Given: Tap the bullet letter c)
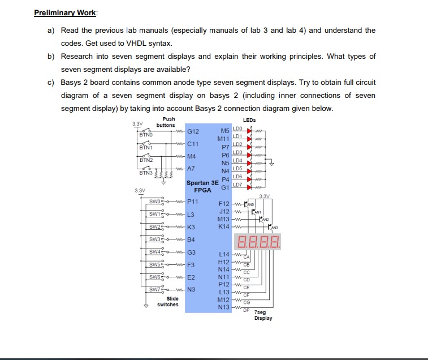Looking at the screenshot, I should (51, 82).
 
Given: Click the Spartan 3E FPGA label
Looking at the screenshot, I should (202, 186).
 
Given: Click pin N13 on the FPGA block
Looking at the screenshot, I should (224, 307).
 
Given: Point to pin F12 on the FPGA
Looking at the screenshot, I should (224, 203).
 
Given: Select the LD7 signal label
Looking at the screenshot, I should (237, 186).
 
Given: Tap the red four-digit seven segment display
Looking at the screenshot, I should (259, 244).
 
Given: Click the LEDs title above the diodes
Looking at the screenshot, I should (249, 120).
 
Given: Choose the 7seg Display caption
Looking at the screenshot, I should (263, 315).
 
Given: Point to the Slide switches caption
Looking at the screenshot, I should (168, 301).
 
